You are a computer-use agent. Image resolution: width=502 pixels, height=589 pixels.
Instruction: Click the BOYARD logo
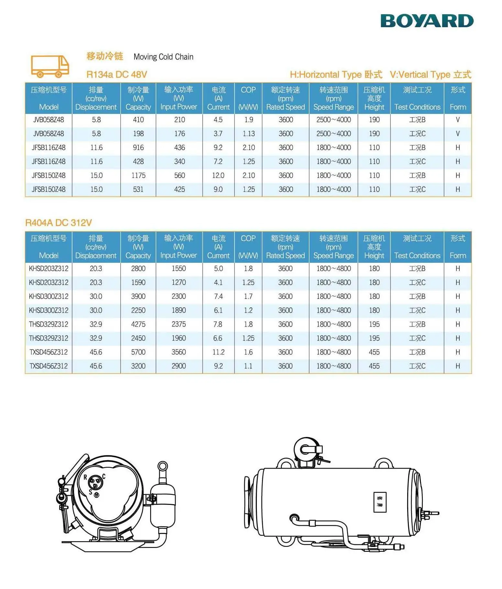(427, 21)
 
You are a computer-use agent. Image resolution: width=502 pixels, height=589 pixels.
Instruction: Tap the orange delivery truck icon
(50, 66)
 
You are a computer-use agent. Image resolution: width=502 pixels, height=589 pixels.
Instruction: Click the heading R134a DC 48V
(116, 75)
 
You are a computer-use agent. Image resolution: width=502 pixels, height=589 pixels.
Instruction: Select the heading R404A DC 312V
(59, 223)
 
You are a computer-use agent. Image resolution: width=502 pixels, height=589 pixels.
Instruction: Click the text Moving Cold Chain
(163, 57)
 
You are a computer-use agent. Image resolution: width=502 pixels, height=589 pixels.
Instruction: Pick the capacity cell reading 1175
(138, 175)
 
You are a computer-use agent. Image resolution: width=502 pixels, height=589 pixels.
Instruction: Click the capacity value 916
(138, 148)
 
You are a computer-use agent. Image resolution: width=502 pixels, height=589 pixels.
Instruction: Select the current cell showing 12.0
(218, 175)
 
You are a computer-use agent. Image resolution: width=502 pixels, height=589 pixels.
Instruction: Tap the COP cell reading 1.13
(248, 134)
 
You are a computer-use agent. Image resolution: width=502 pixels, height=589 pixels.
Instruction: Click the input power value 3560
(179, 352)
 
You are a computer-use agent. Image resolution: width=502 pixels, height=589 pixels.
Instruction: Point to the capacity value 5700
(138, 352)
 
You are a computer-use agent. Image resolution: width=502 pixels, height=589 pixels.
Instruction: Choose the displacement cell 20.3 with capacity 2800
(96, 269)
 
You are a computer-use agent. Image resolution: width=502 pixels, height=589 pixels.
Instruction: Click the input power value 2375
(179, 324)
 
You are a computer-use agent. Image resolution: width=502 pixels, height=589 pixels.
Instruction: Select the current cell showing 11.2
(218, 352)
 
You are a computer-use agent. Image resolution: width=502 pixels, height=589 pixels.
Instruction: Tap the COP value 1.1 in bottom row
(248, 366)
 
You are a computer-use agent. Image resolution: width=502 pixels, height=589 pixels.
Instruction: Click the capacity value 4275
(138, 324)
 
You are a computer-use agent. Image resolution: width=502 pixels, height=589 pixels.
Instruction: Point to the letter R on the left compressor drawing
(85, 477)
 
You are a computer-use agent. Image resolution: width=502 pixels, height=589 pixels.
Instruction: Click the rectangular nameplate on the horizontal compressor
(380, 502)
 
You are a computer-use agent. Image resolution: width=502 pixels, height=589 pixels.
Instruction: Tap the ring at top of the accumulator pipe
(162, 466)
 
